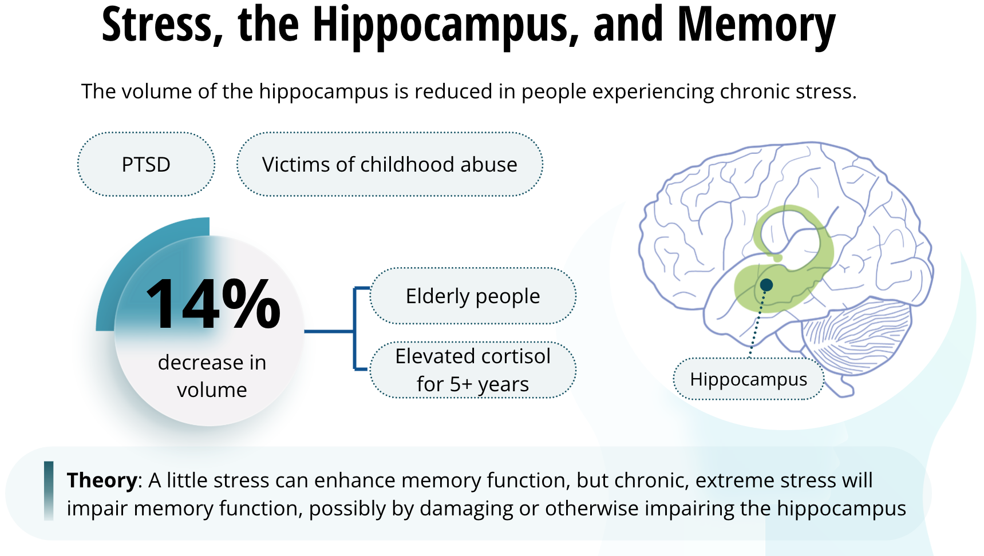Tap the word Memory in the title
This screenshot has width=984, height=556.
756,25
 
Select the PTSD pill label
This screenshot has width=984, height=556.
146,164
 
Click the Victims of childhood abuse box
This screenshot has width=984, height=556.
390,164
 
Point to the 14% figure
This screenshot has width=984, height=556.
214,303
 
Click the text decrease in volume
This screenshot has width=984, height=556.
212,376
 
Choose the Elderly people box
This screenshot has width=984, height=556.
473,296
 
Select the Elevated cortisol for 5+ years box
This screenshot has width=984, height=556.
473,370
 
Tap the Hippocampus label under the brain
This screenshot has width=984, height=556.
749,379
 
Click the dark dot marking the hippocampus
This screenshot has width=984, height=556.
766,285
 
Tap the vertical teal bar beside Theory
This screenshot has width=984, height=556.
49,491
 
